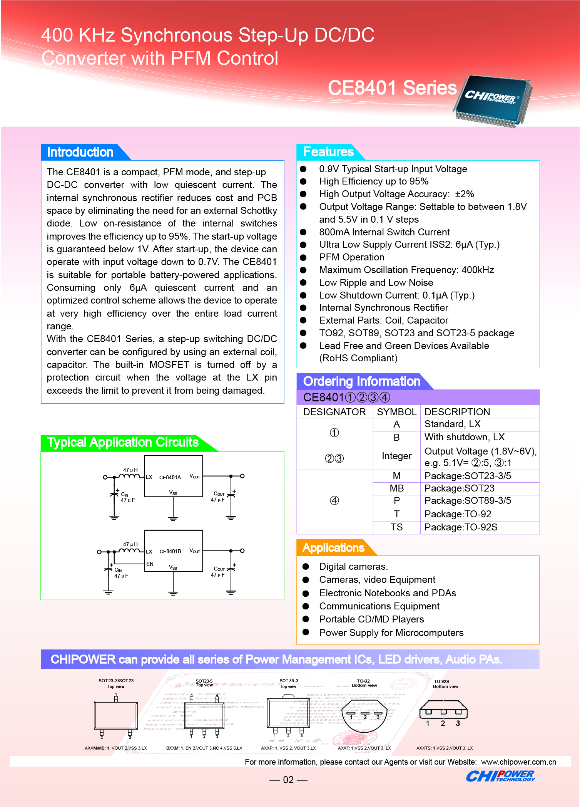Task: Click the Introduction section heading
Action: click(80, 152)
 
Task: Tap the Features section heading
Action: click(328, 152)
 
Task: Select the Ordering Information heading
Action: click(361, 381)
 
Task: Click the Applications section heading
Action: click(333, 548)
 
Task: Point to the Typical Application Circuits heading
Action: click(122, 442)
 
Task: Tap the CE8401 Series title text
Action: click(392, 88)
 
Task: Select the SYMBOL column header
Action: click(396, 412)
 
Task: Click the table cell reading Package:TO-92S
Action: click(461, 527)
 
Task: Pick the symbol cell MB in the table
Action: click(396, 488)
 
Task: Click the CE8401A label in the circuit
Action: click(170, 477)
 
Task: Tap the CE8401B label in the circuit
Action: click(170, 551)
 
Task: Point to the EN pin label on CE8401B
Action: click(150, 564)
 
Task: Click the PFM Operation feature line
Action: click(351, 257)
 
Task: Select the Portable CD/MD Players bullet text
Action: click(371, 619)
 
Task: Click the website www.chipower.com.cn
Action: click(518, 762)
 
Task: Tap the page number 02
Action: click(288, 780)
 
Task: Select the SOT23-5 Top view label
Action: click(204, 683)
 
